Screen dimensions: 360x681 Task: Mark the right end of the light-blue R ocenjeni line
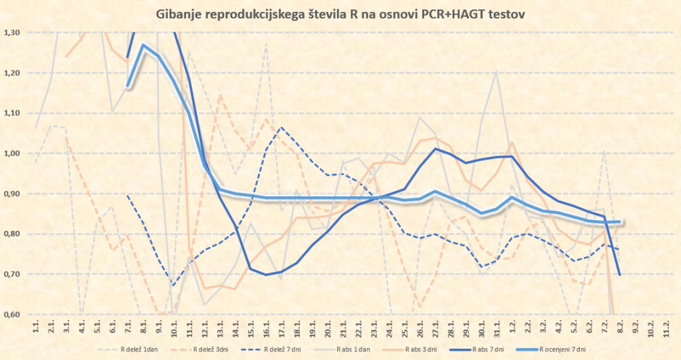(x=619, y=222)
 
